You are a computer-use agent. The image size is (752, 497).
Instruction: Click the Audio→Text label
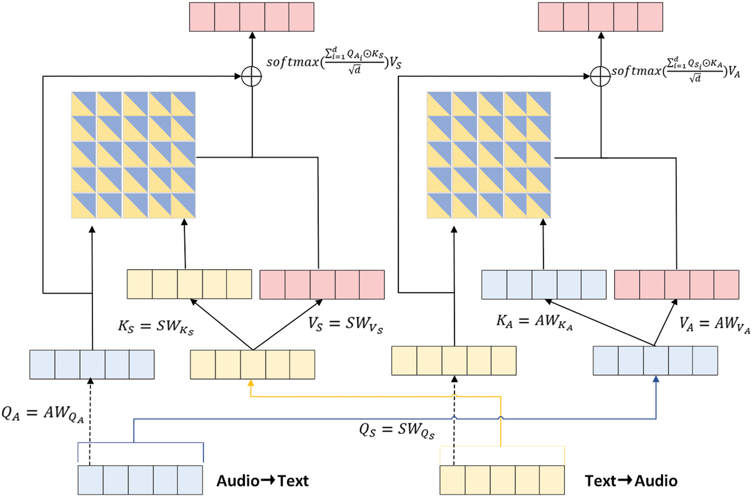262,481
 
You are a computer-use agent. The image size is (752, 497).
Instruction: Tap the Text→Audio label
631,481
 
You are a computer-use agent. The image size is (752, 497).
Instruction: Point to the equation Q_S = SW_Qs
397,430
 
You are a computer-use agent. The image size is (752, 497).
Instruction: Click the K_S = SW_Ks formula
156,327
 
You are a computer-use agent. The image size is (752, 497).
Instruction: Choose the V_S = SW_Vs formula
345,325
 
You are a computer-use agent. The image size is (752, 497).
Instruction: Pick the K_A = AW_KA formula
535,322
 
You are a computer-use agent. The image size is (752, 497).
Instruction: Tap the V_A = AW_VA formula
715,325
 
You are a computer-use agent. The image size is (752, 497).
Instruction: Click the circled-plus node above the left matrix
252,76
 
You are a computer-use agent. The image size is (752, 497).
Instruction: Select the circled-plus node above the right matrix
600,76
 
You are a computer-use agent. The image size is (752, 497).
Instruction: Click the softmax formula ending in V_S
334,61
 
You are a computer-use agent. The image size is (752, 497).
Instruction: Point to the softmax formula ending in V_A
676,70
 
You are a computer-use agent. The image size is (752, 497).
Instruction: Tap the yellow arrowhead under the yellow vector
251,383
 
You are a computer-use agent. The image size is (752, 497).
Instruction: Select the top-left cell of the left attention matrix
84,104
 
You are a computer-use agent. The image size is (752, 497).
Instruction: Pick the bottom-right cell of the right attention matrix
539,206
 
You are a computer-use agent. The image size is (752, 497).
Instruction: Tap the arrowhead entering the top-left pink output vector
252,35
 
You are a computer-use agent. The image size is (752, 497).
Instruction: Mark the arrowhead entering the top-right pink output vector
601,35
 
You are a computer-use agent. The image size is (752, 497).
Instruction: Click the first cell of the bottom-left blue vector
91,480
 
